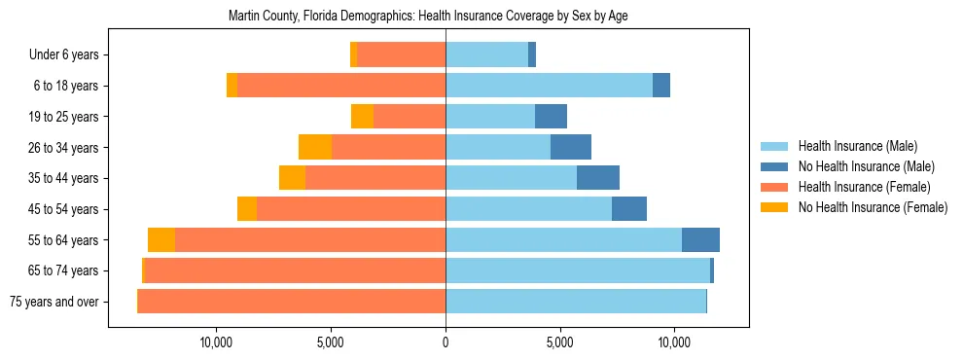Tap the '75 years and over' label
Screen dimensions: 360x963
[53, 302]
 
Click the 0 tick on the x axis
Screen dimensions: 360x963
[446, 342]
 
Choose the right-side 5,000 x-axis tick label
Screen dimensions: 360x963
[559, 342]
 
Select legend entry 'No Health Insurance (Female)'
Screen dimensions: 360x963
[873, 207]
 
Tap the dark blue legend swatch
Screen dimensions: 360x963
[775, 166]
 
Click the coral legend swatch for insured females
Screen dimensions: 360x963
[775, 187]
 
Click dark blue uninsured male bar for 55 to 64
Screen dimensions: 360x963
[700, 240]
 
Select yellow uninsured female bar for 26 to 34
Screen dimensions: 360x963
[315, 148]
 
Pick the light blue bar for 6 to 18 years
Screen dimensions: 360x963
[549, 86]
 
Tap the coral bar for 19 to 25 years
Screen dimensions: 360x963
[410, 117]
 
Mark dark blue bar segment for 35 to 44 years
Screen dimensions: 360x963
[598, 178]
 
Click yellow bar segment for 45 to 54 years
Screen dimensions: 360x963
[247, 209]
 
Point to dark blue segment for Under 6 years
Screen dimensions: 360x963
[532, 55]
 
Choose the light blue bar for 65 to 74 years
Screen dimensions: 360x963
[578, 270]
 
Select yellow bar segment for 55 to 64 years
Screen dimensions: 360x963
[161, 240]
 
